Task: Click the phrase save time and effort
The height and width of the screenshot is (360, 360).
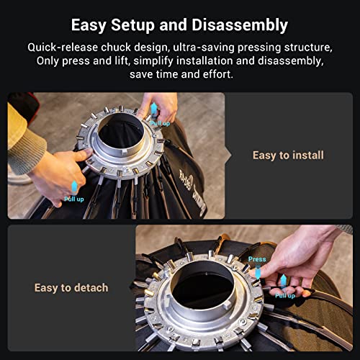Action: click(179, 73)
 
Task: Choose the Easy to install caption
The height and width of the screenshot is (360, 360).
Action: click(288, 155)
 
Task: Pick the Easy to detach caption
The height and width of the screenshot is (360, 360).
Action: click(71, 287)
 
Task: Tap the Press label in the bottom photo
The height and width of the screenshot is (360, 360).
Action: click(257, 259)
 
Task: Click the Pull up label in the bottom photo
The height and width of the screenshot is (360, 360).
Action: click(285, 295)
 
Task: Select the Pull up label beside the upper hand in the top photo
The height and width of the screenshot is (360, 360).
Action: click(160, 123)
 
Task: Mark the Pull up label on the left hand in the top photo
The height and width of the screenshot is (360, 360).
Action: click(74, 199)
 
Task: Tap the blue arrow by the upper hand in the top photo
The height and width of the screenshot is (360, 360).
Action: click(153, 110)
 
